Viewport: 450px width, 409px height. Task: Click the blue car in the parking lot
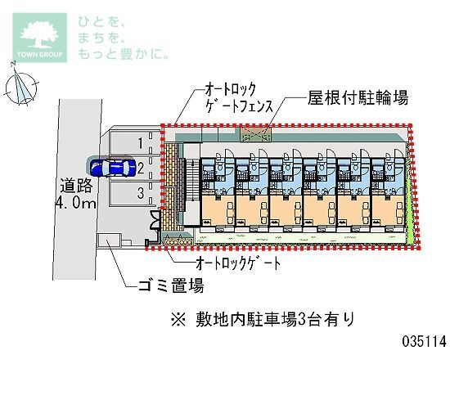coord(113,167)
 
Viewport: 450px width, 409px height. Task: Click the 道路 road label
coord(76,186)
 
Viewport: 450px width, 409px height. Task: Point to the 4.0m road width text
coord(76,203)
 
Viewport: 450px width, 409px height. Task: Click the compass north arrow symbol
coord(21,85)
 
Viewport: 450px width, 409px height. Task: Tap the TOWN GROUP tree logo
coord(39,38)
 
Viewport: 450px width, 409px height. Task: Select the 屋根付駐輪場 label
coord(358,98)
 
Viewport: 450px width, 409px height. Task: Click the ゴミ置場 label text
coord(171,285)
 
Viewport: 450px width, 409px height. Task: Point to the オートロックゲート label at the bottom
coord(238,263)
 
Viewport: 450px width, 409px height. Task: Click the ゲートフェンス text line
coord(239,106)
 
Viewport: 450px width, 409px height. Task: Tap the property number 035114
coord(425,342)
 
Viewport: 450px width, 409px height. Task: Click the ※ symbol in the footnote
coord(178,320)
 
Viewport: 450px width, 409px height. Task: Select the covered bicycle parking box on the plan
coord(256,135)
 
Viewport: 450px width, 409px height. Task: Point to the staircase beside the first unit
coord(191,181)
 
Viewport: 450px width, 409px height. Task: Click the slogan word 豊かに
coord(144,53)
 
